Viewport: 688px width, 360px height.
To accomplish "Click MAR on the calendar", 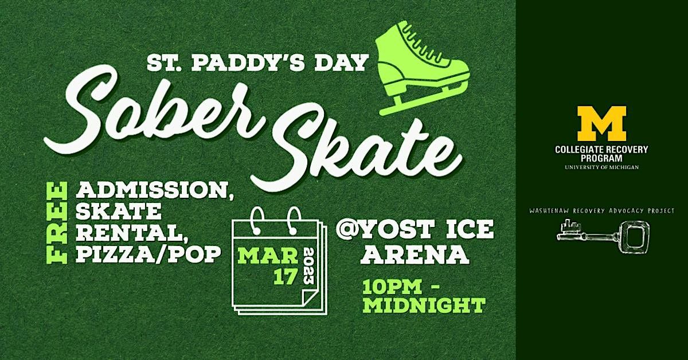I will [267, 254].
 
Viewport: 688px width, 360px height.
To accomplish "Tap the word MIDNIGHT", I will [424, 304].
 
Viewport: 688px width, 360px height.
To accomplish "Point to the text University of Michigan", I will [601, 167].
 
